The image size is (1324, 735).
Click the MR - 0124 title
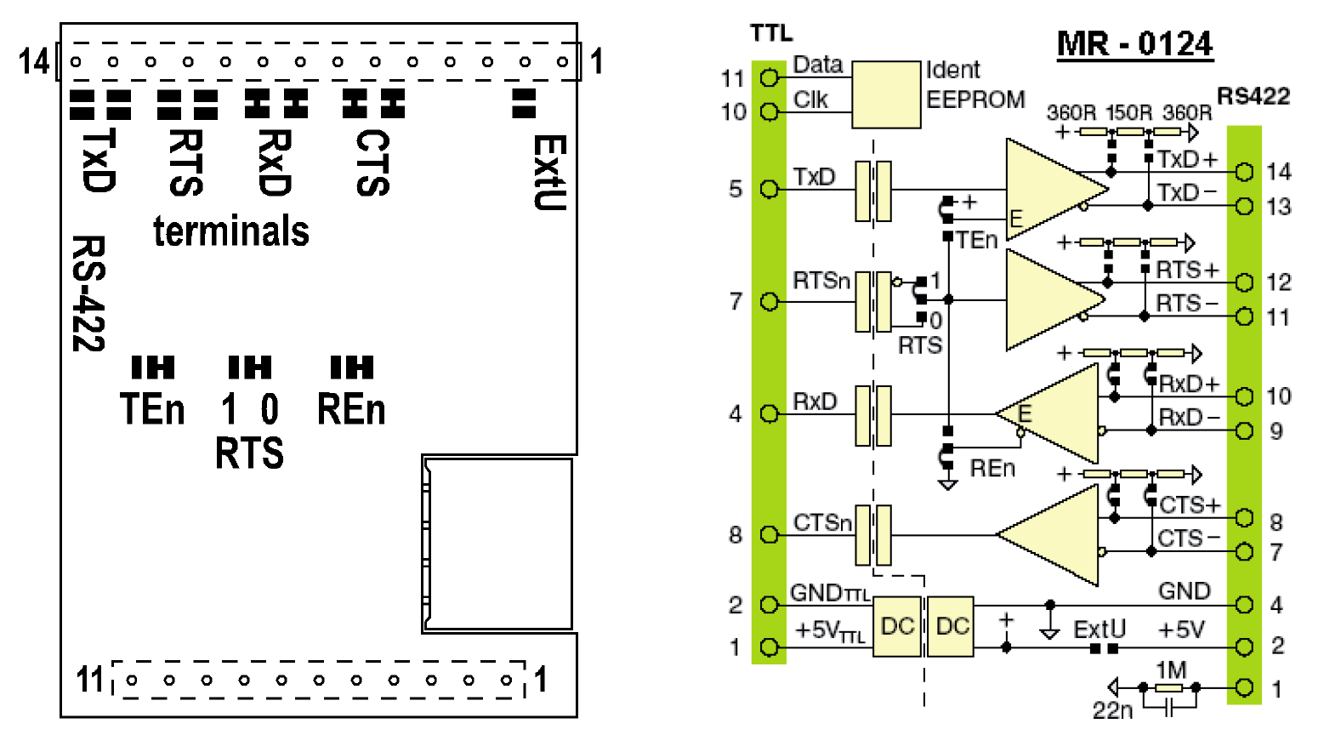[1134, 43]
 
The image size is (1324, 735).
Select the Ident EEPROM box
[886, 94]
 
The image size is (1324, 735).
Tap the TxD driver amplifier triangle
[1050, 190]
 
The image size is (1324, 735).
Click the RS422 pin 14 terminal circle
[1245, 173]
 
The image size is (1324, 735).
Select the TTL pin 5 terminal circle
[770, 189]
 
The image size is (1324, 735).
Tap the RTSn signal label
[821, 281]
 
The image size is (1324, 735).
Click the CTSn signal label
[822, 522]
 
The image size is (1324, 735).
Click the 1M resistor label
[1171, 671]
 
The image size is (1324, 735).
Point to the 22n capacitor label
[1112, 709]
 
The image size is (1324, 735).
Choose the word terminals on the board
[231, 231]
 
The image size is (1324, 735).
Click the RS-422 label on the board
[88, 293]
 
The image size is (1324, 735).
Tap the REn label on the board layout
[351, 410]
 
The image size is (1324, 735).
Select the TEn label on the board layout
[152, 410]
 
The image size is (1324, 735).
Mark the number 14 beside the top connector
[34, 61]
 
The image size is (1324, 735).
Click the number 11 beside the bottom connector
[90, 680]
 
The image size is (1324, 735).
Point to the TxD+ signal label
[1188, 160]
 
